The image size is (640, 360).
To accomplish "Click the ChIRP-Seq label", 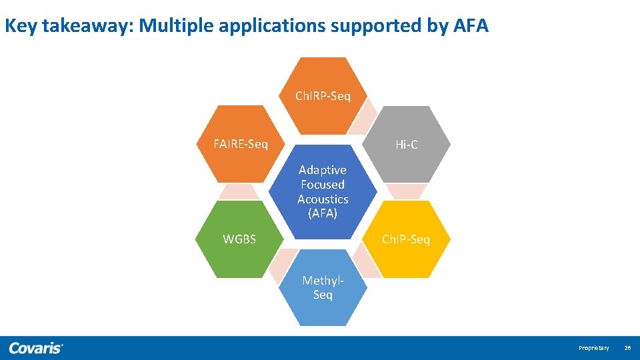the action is tap(323, 96).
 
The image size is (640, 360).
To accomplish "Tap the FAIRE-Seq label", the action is tap(240, 144).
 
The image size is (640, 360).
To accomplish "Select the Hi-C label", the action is tap(406, 144).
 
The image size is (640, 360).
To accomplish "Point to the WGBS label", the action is tap(239, 239).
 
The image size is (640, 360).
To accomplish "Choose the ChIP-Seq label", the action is tap(405, 239).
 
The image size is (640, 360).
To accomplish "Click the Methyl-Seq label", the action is tap(323, 287).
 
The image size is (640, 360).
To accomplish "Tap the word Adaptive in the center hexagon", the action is tap(323, 170).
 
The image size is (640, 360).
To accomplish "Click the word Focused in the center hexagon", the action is tap(323, 185).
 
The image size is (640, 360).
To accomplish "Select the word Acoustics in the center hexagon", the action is tap(323, 199).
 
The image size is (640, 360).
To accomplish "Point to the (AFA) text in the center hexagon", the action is tap(323, 213).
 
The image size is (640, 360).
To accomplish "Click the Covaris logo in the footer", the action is tap(36, 348).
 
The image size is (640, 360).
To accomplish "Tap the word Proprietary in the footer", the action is tap(593, 348).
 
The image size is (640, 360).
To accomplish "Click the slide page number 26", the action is tap(627, 348).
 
